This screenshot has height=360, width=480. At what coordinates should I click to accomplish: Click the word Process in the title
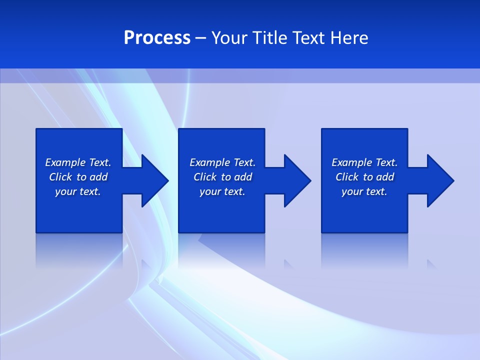pyautogui.click(x=157, y=38)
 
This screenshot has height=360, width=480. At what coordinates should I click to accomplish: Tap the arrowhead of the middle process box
pyautogui.click(x=297, y=180)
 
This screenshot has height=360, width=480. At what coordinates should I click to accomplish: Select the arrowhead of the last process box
pyautogui.click(x=440, y=180)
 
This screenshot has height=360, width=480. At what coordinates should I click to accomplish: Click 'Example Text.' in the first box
pyautogui.click(x=78, y=162)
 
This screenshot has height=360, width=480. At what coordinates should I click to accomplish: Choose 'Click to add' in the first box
pyautogui.click(x=78, y=177)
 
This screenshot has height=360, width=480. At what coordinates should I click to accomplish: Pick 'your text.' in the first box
pyautogui.click(x=78, y=191)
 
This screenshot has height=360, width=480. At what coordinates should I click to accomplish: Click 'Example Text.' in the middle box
pyautogui.click(x=222, y=162)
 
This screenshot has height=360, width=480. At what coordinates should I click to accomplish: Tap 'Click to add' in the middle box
pyautogui.click(x=222, y=177)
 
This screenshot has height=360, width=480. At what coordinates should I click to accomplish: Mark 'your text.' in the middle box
pyautogui.click(x=222, y=191)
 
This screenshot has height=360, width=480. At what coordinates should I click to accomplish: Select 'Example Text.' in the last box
pyautogui.click(x=364, y=162)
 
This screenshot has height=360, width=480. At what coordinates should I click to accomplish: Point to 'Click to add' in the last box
pyautogui.click(x=364, y=177)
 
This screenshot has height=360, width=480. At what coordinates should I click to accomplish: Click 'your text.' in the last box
pyautogui.click(x=364, y=191)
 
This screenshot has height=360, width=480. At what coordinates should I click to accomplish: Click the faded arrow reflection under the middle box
pyautogui.click(x=288, y=263)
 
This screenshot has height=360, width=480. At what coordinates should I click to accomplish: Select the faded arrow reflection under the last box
pyautogui.click(x=431, y=263)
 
